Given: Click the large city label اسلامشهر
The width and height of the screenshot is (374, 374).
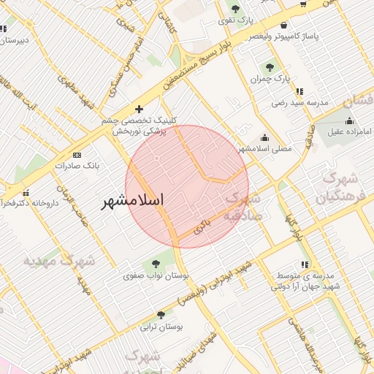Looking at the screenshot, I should click(x=132, y=199).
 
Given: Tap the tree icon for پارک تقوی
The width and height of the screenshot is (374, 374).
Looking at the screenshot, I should click(x=234, y=9).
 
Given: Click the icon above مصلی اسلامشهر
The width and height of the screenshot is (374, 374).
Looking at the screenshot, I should click(x=264, y=137).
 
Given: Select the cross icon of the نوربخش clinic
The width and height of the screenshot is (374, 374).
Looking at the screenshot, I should click(x=140, y=109).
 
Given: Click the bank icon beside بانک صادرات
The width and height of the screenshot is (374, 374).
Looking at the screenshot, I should click(x=77, y=155).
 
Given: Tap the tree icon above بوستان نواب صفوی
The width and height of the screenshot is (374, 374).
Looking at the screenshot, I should click(x=155, y=264).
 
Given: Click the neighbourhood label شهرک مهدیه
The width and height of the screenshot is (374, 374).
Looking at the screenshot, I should click(x=59, y=260).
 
